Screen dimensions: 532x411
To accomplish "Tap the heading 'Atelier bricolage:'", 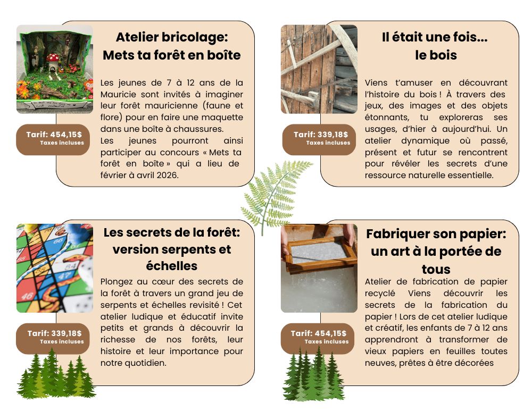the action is point(172,37).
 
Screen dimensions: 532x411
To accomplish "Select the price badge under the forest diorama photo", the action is point(53,139).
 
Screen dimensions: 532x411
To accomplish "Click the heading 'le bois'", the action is point(436,55).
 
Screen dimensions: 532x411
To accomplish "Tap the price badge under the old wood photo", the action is point(319,139).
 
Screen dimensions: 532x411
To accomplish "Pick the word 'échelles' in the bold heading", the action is point(172,266).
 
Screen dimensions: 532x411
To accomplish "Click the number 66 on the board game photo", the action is point(58,241).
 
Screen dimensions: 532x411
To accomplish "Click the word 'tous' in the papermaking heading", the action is point(436,269).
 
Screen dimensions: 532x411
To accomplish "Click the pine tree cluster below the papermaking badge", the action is point(313,375).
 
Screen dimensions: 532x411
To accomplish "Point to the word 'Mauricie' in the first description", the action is point(119,94).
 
